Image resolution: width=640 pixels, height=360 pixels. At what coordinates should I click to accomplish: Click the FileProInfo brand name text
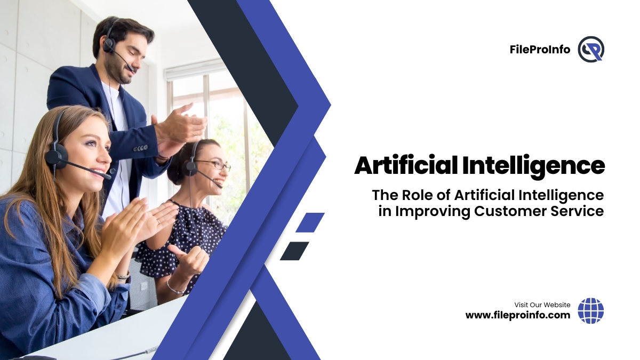pos(540,50)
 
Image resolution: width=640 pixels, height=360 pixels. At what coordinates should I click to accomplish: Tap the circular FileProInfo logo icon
pos(591,49)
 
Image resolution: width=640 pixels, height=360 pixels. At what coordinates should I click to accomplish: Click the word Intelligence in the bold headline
pos(533,166)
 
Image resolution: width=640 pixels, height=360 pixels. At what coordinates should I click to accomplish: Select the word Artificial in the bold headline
pos(406,165)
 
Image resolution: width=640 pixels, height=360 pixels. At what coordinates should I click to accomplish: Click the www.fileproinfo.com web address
pos(518,315)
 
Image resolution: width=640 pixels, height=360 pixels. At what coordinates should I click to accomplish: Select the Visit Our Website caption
pos(542,305)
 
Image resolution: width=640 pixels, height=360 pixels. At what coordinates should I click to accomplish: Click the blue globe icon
pos(591,310)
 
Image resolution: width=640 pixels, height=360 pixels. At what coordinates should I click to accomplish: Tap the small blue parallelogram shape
pos(310,222)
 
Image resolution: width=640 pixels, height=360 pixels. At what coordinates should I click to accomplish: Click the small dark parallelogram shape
pos(294,251)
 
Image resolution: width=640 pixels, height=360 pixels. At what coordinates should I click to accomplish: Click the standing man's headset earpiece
pos(109,45)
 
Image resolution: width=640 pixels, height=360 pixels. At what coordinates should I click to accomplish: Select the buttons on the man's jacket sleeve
pos(140,148)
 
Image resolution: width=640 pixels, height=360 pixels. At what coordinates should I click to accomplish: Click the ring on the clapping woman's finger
pos(158,221)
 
